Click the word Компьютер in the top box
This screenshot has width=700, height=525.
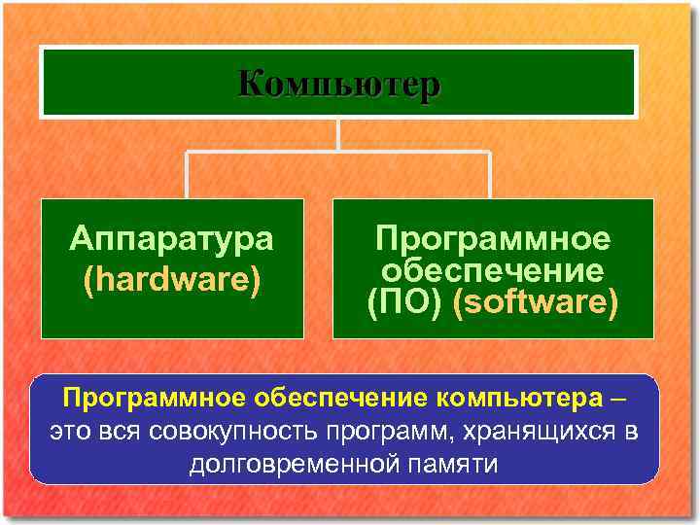click(x=338, y=84)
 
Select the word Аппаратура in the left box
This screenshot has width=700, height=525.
click(x=172, y=238)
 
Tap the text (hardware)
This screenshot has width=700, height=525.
click(x=172, y=279)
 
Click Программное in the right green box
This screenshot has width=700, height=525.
click(x=493, y=238)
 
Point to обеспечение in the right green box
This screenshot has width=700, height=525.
click(x=493, y=270)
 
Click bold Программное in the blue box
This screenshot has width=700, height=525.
click(x=155, y=399)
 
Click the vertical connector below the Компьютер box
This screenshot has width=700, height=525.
click(x=337, y=134)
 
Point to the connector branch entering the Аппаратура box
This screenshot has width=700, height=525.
click(x=188, y=175)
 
